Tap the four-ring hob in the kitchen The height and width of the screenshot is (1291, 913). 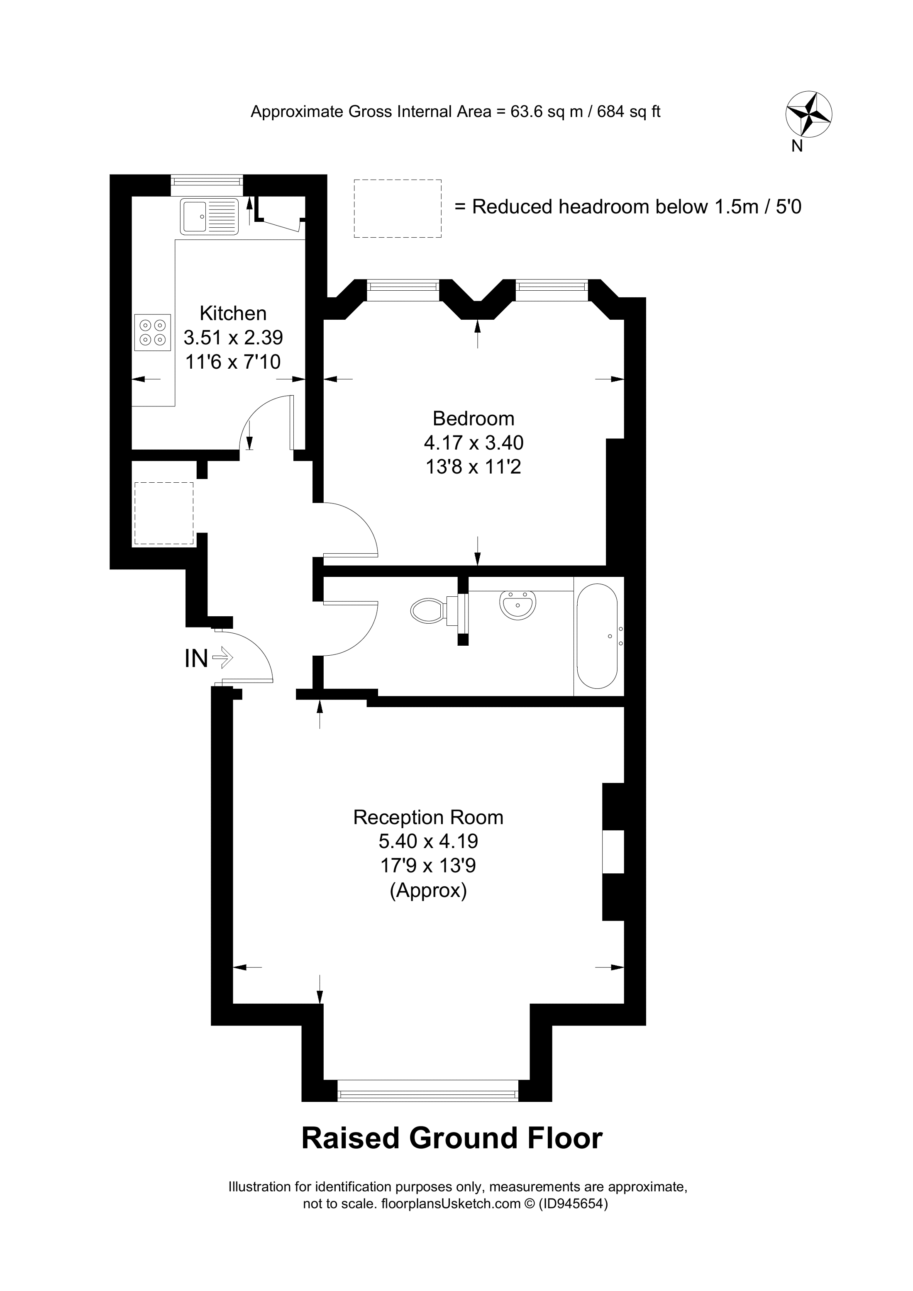click(152, 332)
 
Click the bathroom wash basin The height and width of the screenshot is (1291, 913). click(518, 605)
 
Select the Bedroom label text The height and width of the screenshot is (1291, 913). click(473, 418)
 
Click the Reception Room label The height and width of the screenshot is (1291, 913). click(428, 817)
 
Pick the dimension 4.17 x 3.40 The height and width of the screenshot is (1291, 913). click(473, 443)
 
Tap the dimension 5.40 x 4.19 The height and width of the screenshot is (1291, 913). click(428, 841)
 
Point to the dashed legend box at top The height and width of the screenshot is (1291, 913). click(398, 209)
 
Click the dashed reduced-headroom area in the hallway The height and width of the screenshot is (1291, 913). click(164, 513)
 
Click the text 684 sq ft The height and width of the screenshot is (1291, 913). click(628, 112)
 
